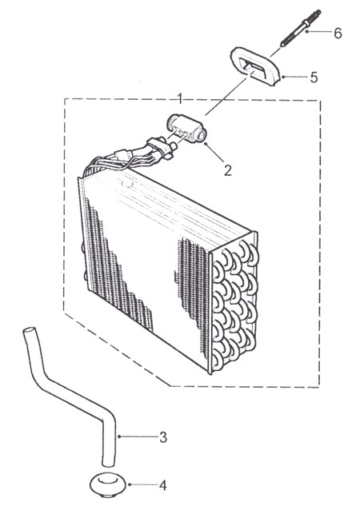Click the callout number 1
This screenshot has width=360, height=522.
[x=180, y=98]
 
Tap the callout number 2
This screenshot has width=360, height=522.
[x=228, y=170]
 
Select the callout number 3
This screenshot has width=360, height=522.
[x=163, y=437]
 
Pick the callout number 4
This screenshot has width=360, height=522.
[x=162, y=485]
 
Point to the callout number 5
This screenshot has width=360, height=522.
[x=314, y=78]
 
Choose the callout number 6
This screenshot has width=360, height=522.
[x=338, y=34]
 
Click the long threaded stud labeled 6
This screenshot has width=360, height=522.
[x=301, y=28]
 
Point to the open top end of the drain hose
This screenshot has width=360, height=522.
[x=29, y=331]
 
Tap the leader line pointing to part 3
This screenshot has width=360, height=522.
[x=138, y=436]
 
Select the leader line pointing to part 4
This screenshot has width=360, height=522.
[x=142, y=484]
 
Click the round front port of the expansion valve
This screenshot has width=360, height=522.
[x=202, y=136]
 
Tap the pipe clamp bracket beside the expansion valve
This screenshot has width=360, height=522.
[x=156, y=147]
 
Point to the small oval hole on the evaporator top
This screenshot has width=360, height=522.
[x=127, y=183]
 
